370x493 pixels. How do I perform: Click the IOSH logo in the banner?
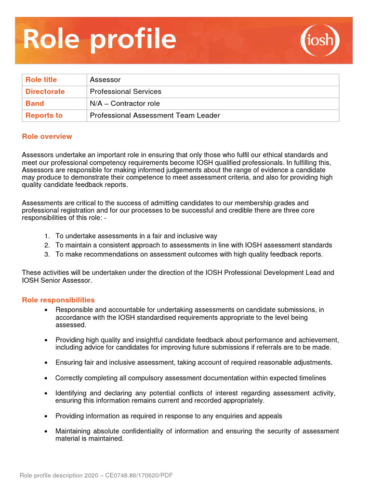pos(320,40)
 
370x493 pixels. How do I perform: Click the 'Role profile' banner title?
pos(99,39)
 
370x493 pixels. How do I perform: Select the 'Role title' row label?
pos(41,79)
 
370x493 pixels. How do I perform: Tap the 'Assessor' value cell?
pos(105,79)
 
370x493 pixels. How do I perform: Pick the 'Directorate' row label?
pos(45,91)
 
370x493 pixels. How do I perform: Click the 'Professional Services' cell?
pos(125,91)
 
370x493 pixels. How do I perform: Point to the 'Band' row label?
pos(35,104)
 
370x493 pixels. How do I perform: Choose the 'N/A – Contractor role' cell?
pos(125,104)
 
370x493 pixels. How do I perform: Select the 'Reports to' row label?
pos(44,116)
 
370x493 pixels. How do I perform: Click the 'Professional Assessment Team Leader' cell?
pos(155,116)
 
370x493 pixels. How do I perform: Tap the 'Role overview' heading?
pos(47,136)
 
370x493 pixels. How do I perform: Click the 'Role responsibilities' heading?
pos(58,300)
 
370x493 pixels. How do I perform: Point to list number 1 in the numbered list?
pos(47,236)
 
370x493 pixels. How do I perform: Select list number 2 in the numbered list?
pos(47,246)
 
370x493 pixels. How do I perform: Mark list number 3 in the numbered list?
pos(47,255)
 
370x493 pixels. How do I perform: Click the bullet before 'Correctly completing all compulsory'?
pos(45,378)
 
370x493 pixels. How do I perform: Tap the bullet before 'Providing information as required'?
pos(45,416)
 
